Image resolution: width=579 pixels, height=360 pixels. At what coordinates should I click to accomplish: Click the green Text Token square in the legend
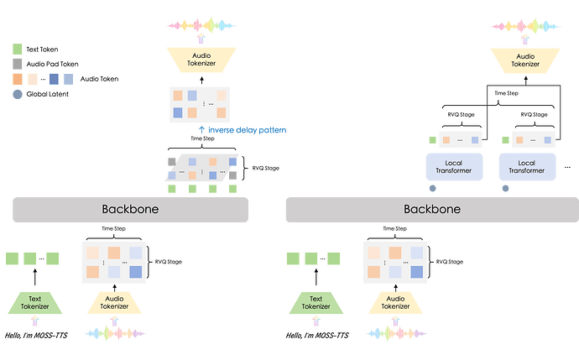click(18, 50)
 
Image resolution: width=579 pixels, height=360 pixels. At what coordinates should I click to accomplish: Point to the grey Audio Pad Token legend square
click(18, 64)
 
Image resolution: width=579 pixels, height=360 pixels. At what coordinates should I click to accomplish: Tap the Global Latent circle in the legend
click(18, 94)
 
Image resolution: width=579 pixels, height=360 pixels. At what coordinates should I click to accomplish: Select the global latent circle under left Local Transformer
click(433, 188)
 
